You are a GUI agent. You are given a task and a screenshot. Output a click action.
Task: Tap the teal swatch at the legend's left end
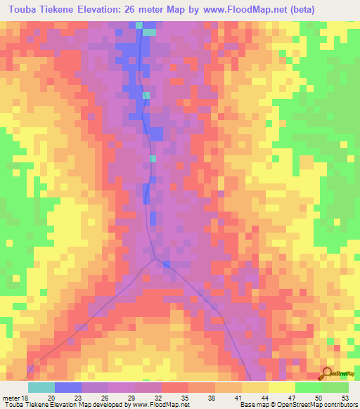(x=41, y=388)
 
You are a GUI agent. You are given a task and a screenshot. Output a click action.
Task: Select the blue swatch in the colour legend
(x=68, y=388)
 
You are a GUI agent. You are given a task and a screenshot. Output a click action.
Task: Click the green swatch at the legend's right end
(x=335, y=388)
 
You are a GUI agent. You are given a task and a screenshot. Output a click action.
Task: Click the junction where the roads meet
(x=156, y=257)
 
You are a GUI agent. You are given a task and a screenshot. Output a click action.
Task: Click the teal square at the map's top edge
(x=150, y=31)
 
